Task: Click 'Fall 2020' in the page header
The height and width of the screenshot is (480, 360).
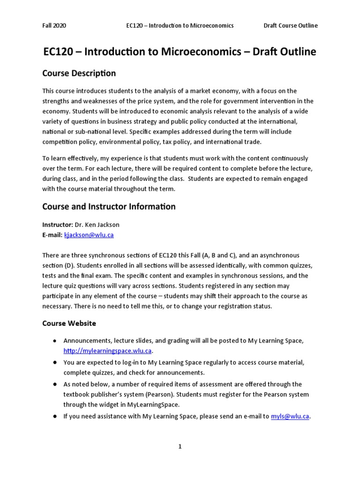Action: coord(54,25)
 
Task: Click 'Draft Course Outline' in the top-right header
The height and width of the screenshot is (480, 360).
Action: coord(290,25)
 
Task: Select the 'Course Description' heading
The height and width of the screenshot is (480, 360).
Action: coord(79,73)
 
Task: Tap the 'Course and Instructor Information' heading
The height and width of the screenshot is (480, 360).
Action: coord(109,206)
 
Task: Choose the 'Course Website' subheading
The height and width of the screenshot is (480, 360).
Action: coord(69,323)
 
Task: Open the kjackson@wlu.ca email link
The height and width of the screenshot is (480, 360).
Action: coord(89,235)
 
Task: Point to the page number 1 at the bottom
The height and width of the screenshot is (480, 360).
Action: coord(180,447)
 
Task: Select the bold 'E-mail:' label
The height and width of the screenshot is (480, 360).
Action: coord(52,235)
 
